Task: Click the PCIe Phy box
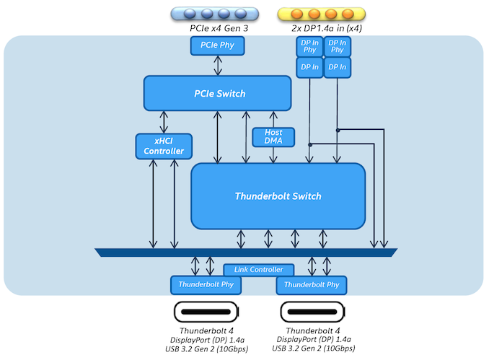[217, 45]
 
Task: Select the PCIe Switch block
[217, 93]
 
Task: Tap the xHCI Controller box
[164, 146]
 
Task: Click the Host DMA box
[273, 136]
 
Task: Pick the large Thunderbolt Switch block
[278, 196]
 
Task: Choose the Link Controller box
[259, 270]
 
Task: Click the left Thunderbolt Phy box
[206, 285]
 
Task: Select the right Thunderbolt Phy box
[312, 285]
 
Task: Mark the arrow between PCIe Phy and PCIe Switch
[217, 65]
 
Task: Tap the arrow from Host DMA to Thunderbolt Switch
[273, 154]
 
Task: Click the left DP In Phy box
[310, 47]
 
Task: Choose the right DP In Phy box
[336, 47]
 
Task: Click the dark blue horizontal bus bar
[246, 252]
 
